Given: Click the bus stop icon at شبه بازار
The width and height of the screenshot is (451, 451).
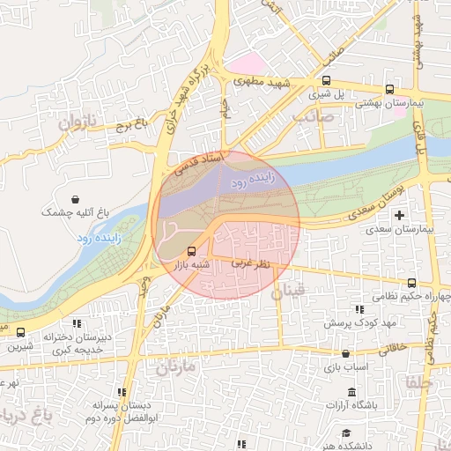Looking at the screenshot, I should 193,249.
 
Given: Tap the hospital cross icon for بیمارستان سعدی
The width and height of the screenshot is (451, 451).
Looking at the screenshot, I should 401,215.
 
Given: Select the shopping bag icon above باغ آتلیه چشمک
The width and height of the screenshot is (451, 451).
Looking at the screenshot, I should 77,198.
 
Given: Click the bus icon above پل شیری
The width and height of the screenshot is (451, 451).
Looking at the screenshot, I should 327,80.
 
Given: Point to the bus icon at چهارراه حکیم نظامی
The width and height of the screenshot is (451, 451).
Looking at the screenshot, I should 412,283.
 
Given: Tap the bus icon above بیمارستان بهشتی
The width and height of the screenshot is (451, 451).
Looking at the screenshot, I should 389,89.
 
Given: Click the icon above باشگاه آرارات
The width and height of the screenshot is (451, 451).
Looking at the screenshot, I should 352,391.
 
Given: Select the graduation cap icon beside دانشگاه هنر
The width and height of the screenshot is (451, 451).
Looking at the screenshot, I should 346,433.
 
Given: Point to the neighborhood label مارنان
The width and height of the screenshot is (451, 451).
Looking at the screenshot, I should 175,367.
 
